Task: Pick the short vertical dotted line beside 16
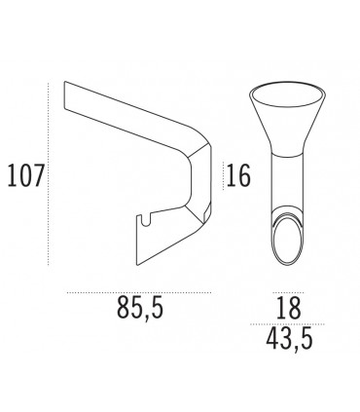[x=224, y=176]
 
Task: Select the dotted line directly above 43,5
[x=286, y=325]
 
